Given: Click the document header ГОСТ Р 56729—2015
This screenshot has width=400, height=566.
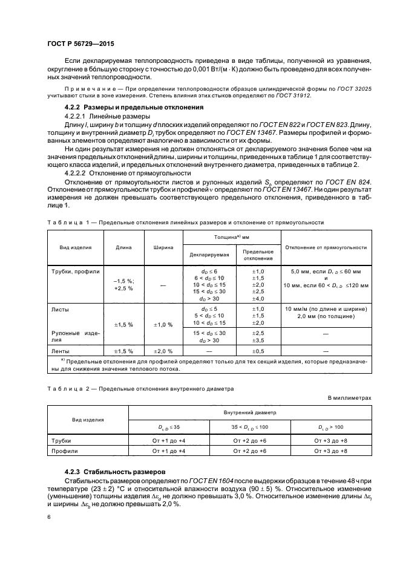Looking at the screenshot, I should click(x=80, y=44).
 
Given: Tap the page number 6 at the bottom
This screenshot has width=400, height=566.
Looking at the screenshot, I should click(x=49, y=516).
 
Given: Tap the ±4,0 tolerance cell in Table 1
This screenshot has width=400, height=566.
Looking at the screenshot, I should click(x=258, y=298).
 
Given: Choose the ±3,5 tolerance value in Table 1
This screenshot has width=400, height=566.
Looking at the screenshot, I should click(x=258, y=340).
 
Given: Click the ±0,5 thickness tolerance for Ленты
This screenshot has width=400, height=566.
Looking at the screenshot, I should click(x=258, y=351).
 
